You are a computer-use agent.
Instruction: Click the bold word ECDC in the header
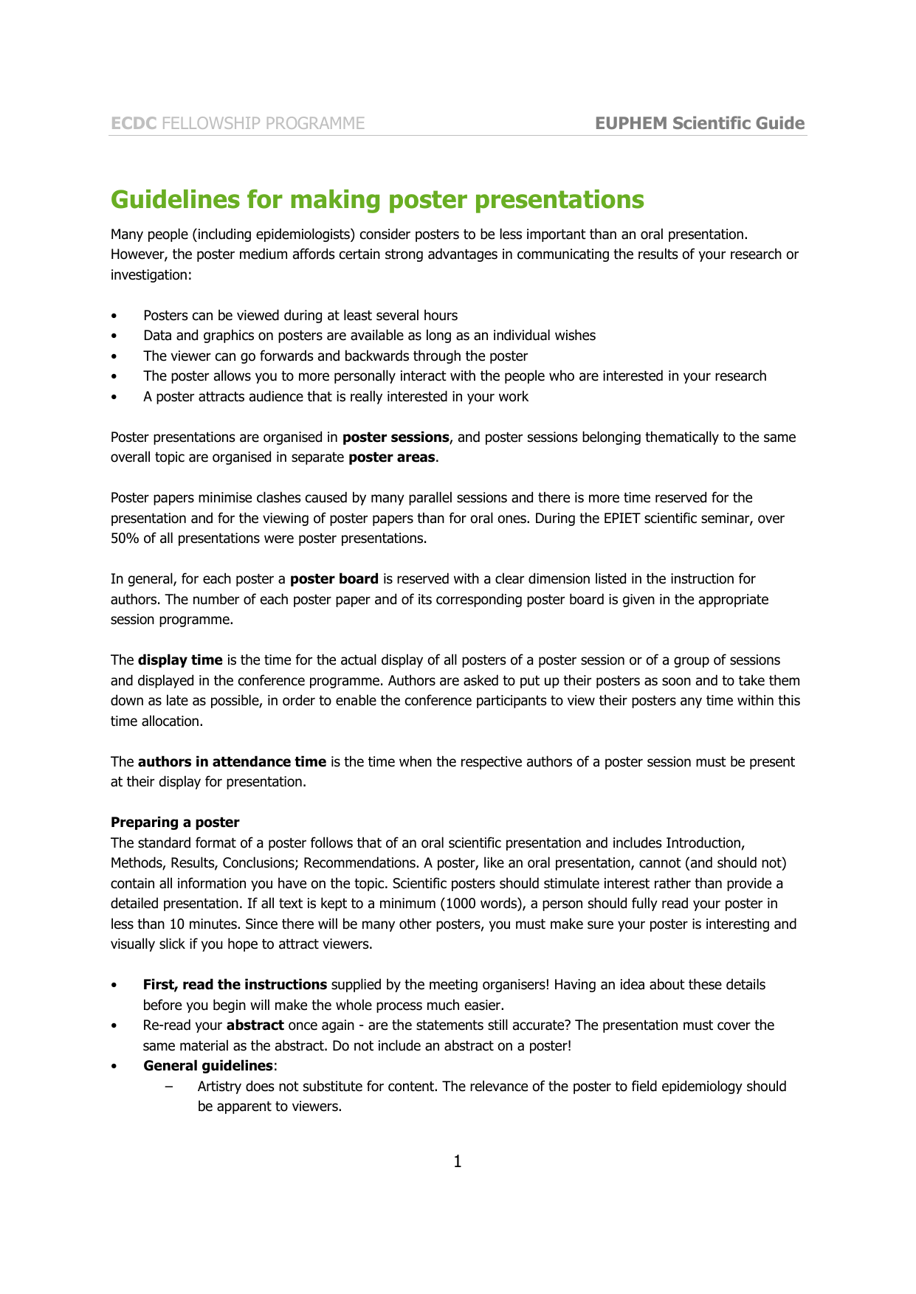134,123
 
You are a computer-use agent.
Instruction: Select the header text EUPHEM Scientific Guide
699,123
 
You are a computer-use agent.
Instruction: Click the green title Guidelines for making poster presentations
377,199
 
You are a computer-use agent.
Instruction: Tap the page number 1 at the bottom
458,1162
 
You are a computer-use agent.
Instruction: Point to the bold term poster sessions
396,437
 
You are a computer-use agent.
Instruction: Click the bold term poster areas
391,457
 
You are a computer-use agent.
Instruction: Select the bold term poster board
334,579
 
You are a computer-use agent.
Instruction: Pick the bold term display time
180,660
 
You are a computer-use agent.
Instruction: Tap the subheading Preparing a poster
175,823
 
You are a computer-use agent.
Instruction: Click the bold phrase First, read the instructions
235,985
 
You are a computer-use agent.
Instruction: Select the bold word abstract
255,1025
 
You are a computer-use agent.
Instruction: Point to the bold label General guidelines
208,1066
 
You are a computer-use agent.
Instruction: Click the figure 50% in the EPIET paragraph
125,539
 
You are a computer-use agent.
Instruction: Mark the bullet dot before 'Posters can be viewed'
114,316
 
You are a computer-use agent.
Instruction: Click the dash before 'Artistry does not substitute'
171,1087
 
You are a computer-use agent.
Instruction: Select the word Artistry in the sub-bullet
219,1087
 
